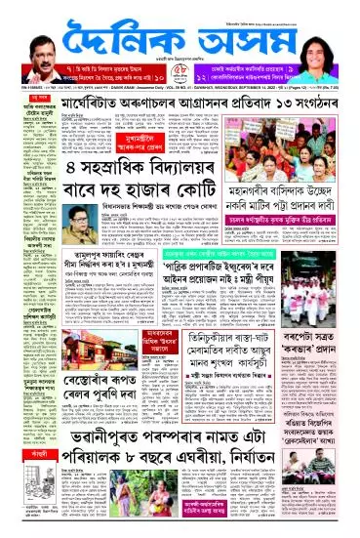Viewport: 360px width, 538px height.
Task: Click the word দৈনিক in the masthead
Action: (118, 35)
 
